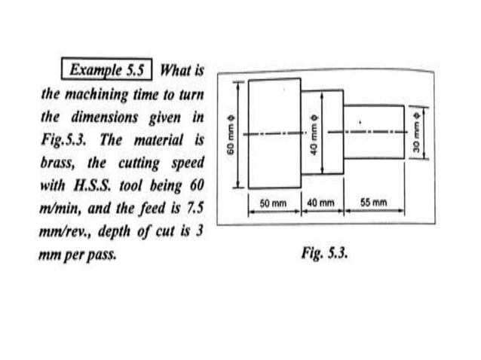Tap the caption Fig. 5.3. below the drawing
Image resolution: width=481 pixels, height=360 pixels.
point(323,250)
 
